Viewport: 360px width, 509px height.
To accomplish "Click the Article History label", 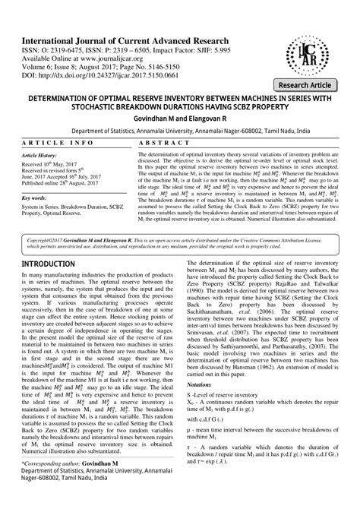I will pyautogui.click(x=44, y=153).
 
